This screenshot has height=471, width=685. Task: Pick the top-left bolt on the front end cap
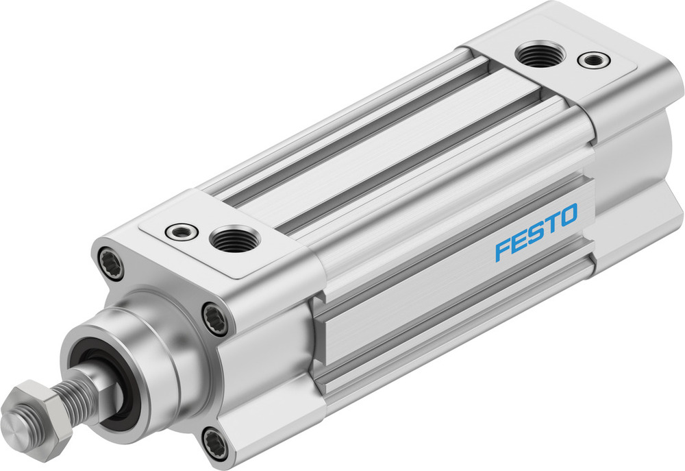click(112, 263)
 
